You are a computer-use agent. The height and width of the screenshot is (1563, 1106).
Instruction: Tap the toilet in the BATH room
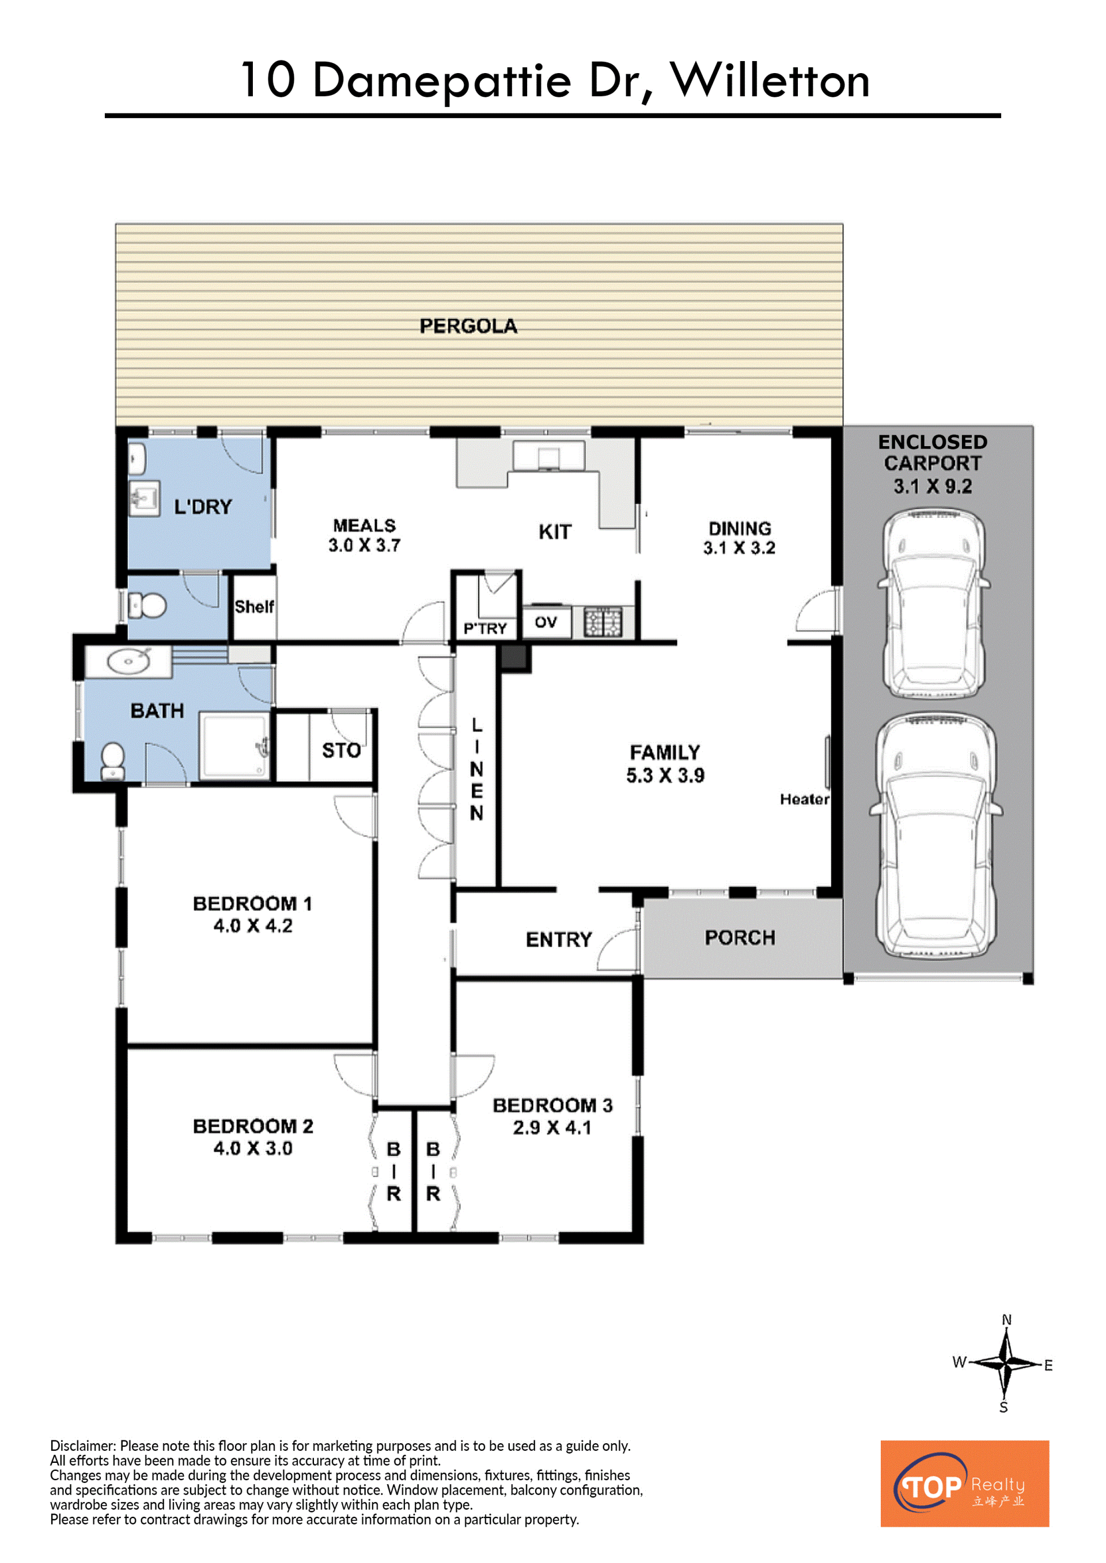tap(112, 761)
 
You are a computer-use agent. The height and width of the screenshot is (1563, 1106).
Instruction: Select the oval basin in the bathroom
tap(128, 660)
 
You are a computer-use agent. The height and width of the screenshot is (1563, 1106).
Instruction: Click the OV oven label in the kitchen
tap(546, 622)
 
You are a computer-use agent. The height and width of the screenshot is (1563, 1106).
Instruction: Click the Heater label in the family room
tap(804, 799)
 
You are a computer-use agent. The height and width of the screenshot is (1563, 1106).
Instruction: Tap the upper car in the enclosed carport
tap(933, 603)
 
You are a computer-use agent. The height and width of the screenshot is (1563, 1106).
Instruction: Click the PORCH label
tap(740, 938)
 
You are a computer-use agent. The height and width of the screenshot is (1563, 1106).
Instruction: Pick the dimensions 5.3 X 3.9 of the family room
tap(665, 775)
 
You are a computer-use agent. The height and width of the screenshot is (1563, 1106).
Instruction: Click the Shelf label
tap(254, 607)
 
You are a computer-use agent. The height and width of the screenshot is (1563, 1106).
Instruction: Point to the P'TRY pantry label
tap(485, 628)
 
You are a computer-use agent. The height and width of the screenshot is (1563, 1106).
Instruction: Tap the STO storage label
tap(341, 750)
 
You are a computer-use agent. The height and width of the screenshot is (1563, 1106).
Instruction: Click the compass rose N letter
tap(1006, 1320)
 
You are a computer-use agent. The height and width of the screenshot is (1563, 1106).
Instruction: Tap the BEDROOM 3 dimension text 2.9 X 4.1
tap(552, 1127)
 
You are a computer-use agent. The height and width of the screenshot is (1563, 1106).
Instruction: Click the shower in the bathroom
tap(234, 746)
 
